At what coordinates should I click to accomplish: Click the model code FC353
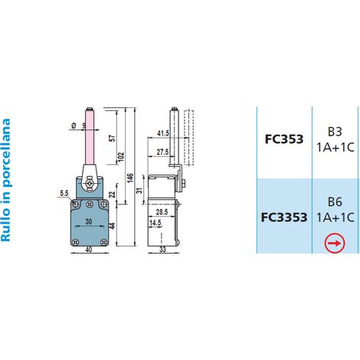click(284, 139)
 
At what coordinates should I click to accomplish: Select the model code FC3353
click(284, 218)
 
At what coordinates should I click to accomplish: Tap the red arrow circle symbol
click(335, 243)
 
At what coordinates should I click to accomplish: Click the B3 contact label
click(335, 132)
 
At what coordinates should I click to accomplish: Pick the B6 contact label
click(335, 202)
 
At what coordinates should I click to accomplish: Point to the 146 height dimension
click(130, 178)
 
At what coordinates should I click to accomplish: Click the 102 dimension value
click(121, 157)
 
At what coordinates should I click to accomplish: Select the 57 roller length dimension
click(113, 138)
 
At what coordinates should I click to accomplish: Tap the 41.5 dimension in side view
click(163, 133)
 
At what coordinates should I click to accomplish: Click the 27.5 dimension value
click(162, 152)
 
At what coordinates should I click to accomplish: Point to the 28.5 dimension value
click(162, 211)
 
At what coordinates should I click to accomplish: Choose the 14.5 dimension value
click(155, 223)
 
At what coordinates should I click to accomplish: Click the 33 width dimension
click(162, 250)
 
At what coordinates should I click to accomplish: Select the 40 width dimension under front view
click(89, 250)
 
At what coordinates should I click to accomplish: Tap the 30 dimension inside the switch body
click(89, 221)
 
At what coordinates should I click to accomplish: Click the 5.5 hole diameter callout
click(64, 193)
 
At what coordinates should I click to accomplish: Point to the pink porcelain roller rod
click(89, 137)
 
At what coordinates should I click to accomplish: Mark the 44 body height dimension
click(113, 226)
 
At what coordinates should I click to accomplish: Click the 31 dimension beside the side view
click(139, 190)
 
